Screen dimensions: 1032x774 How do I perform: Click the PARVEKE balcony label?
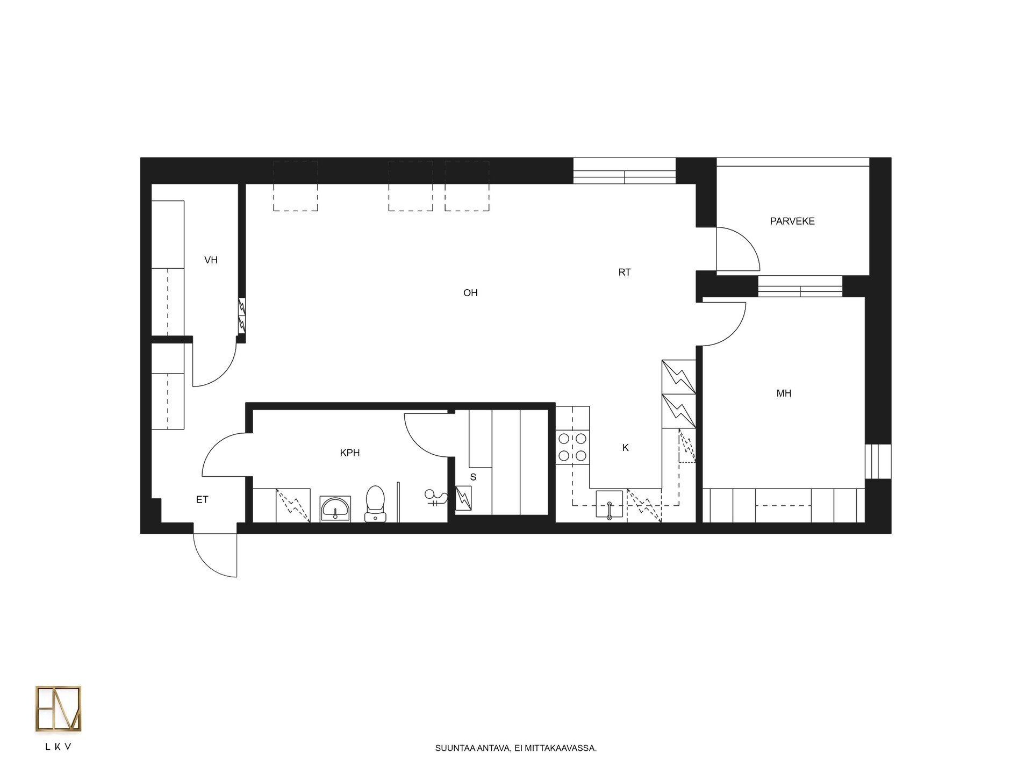[792, 221]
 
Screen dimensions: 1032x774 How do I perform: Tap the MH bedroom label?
[784, 393]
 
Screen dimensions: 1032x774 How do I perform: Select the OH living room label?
[470, 293]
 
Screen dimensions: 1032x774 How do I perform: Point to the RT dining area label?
[624, 273]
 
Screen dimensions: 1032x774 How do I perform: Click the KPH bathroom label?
[350, 453]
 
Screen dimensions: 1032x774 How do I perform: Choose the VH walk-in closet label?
[211, 260]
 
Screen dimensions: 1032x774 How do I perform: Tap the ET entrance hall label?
[202, 500]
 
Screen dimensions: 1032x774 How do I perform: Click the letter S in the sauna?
[473, 477]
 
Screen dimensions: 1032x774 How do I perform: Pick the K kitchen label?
[625, 448]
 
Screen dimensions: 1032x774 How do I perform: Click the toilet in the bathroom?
[375, 504]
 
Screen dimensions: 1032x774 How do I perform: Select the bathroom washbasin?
[335, 508]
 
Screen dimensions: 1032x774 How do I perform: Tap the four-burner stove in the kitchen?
[572, 447]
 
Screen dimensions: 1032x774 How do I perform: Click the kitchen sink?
[610, 504]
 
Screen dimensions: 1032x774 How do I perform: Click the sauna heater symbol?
[463, 498]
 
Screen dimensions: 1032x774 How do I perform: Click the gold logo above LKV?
[59, 708]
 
